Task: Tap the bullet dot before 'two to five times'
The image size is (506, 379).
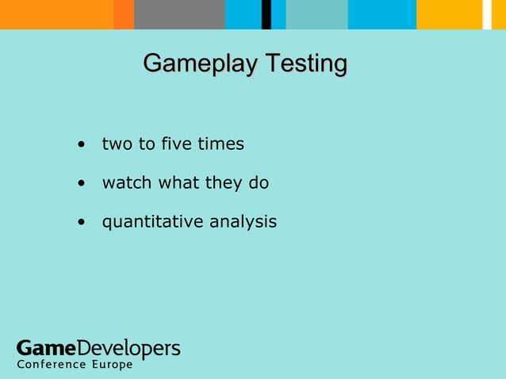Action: click(82, 145)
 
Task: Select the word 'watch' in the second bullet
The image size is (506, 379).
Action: click(128, 183)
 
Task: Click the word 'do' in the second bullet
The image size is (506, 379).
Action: click(259, 183)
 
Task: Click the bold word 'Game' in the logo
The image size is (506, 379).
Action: click(47, 348)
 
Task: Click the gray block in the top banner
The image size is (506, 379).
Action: click(179, 14)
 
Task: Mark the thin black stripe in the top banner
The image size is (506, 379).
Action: click(266, 14)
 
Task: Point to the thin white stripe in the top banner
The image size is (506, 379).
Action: click(487, 14)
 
